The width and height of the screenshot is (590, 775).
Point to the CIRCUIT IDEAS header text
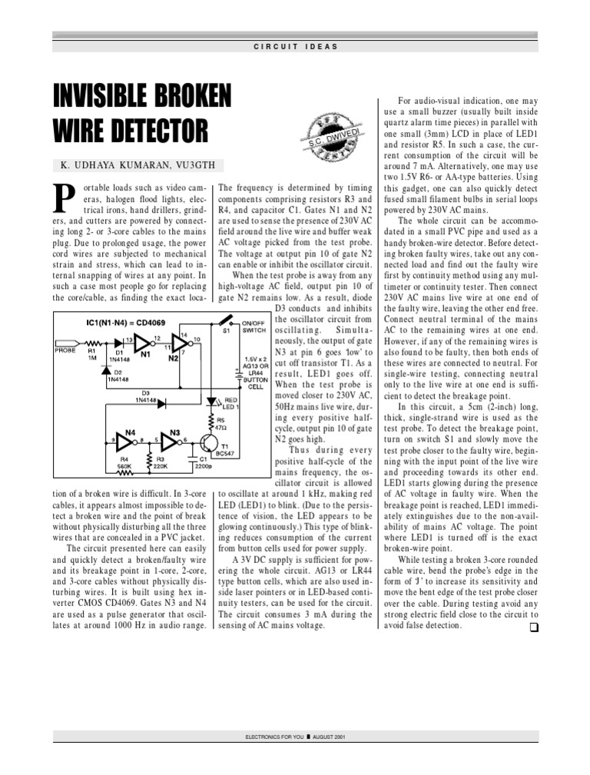296,47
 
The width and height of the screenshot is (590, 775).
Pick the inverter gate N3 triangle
169,439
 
